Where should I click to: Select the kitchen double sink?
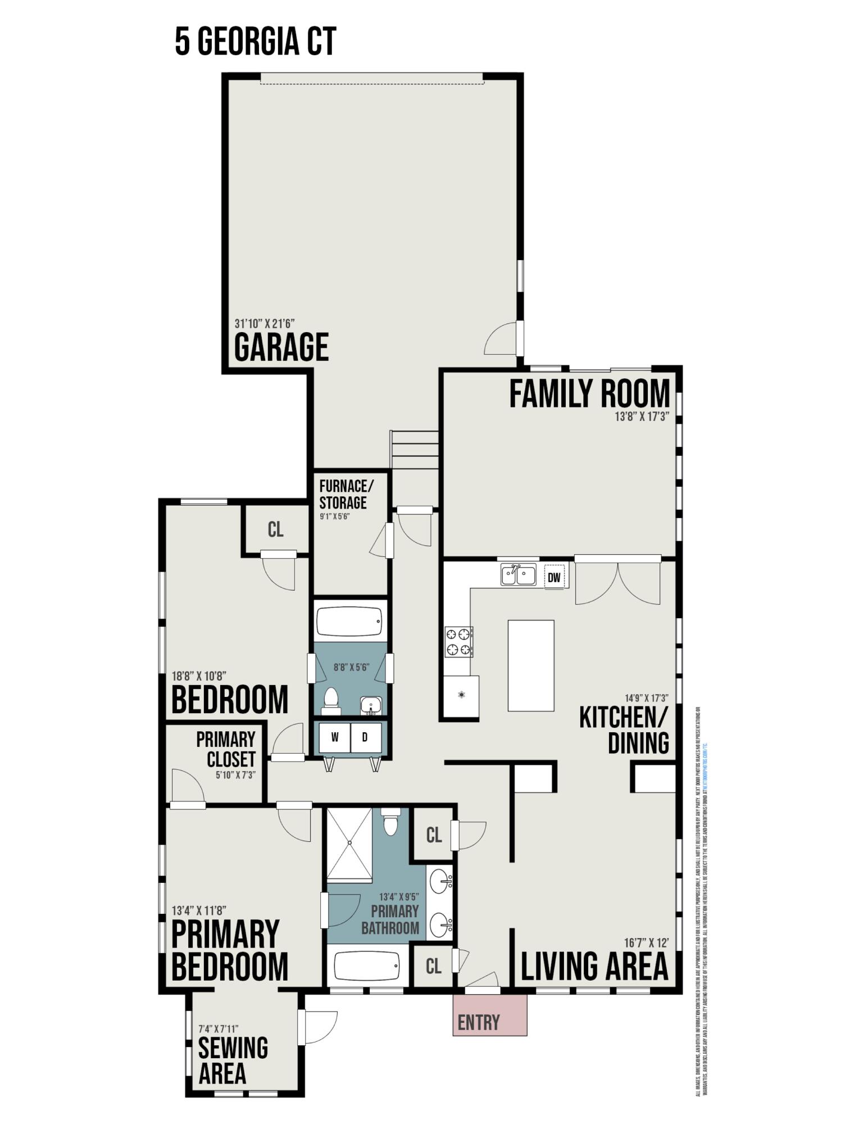[518, 575]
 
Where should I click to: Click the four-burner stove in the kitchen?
[458, 642]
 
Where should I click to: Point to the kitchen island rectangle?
[530, 665]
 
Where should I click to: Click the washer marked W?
[334, 737]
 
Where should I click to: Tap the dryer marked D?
[365, 737]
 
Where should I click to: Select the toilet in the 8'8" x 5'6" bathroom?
[331, 700]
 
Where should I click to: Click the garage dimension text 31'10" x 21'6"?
[264, 324]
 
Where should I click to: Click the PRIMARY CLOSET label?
[226, 749]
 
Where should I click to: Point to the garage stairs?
[415, 450]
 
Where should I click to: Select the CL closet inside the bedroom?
[275, 529]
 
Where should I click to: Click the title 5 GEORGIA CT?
[255, 41]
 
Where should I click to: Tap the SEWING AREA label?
[233, 1060]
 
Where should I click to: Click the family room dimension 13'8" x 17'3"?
[641, 417]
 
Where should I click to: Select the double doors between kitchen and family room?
[617, 582]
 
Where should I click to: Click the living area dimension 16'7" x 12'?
[646, 942]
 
